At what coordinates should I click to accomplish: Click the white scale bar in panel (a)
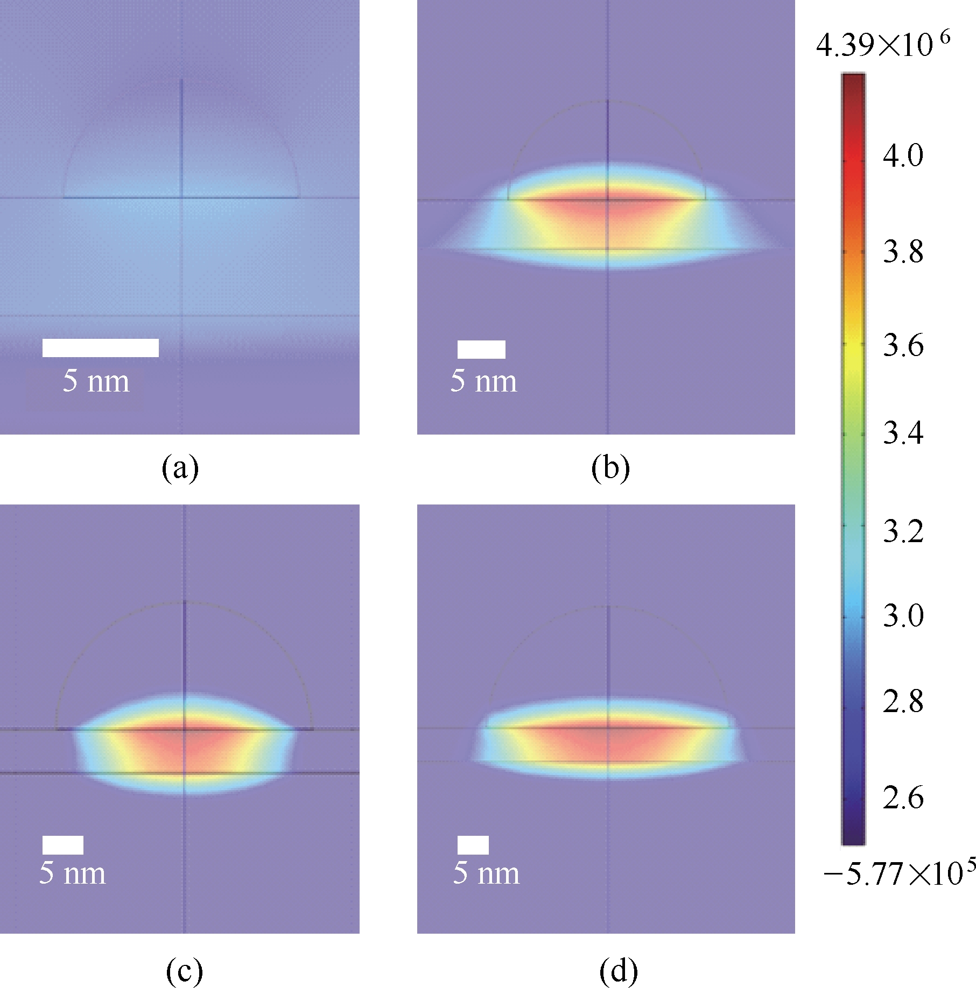point(101,347)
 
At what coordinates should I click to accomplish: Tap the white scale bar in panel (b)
point(481,349)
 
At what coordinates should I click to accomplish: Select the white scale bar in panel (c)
point(63,844)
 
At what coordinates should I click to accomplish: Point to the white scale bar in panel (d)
point(473,844)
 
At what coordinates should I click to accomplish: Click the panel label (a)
point(180,468)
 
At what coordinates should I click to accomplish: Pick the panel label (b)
point(610,468)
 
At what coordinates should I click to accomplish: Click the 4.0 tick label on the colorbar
point(903,156)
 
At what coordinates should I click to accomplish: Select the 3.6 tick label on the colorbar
point(903,345)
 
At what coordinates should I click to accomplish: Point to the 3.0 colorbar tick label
point(903,615)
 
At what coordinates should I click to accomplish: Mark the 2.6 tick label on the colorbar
point(903,797)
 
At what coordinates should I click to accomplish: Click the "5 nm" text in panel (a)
point(96,381)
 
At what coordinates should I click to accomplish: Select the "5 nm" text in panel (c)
point(73,873)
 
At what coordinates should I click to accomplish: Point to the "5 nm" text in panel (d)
point(486,873)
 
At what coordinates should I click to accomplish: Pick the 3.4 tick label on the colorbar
point(903,433)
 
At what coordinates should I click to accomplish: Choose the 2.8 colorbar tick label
point(903,702)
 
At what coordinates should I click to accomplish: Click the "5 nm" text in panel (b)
point(484,381)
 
